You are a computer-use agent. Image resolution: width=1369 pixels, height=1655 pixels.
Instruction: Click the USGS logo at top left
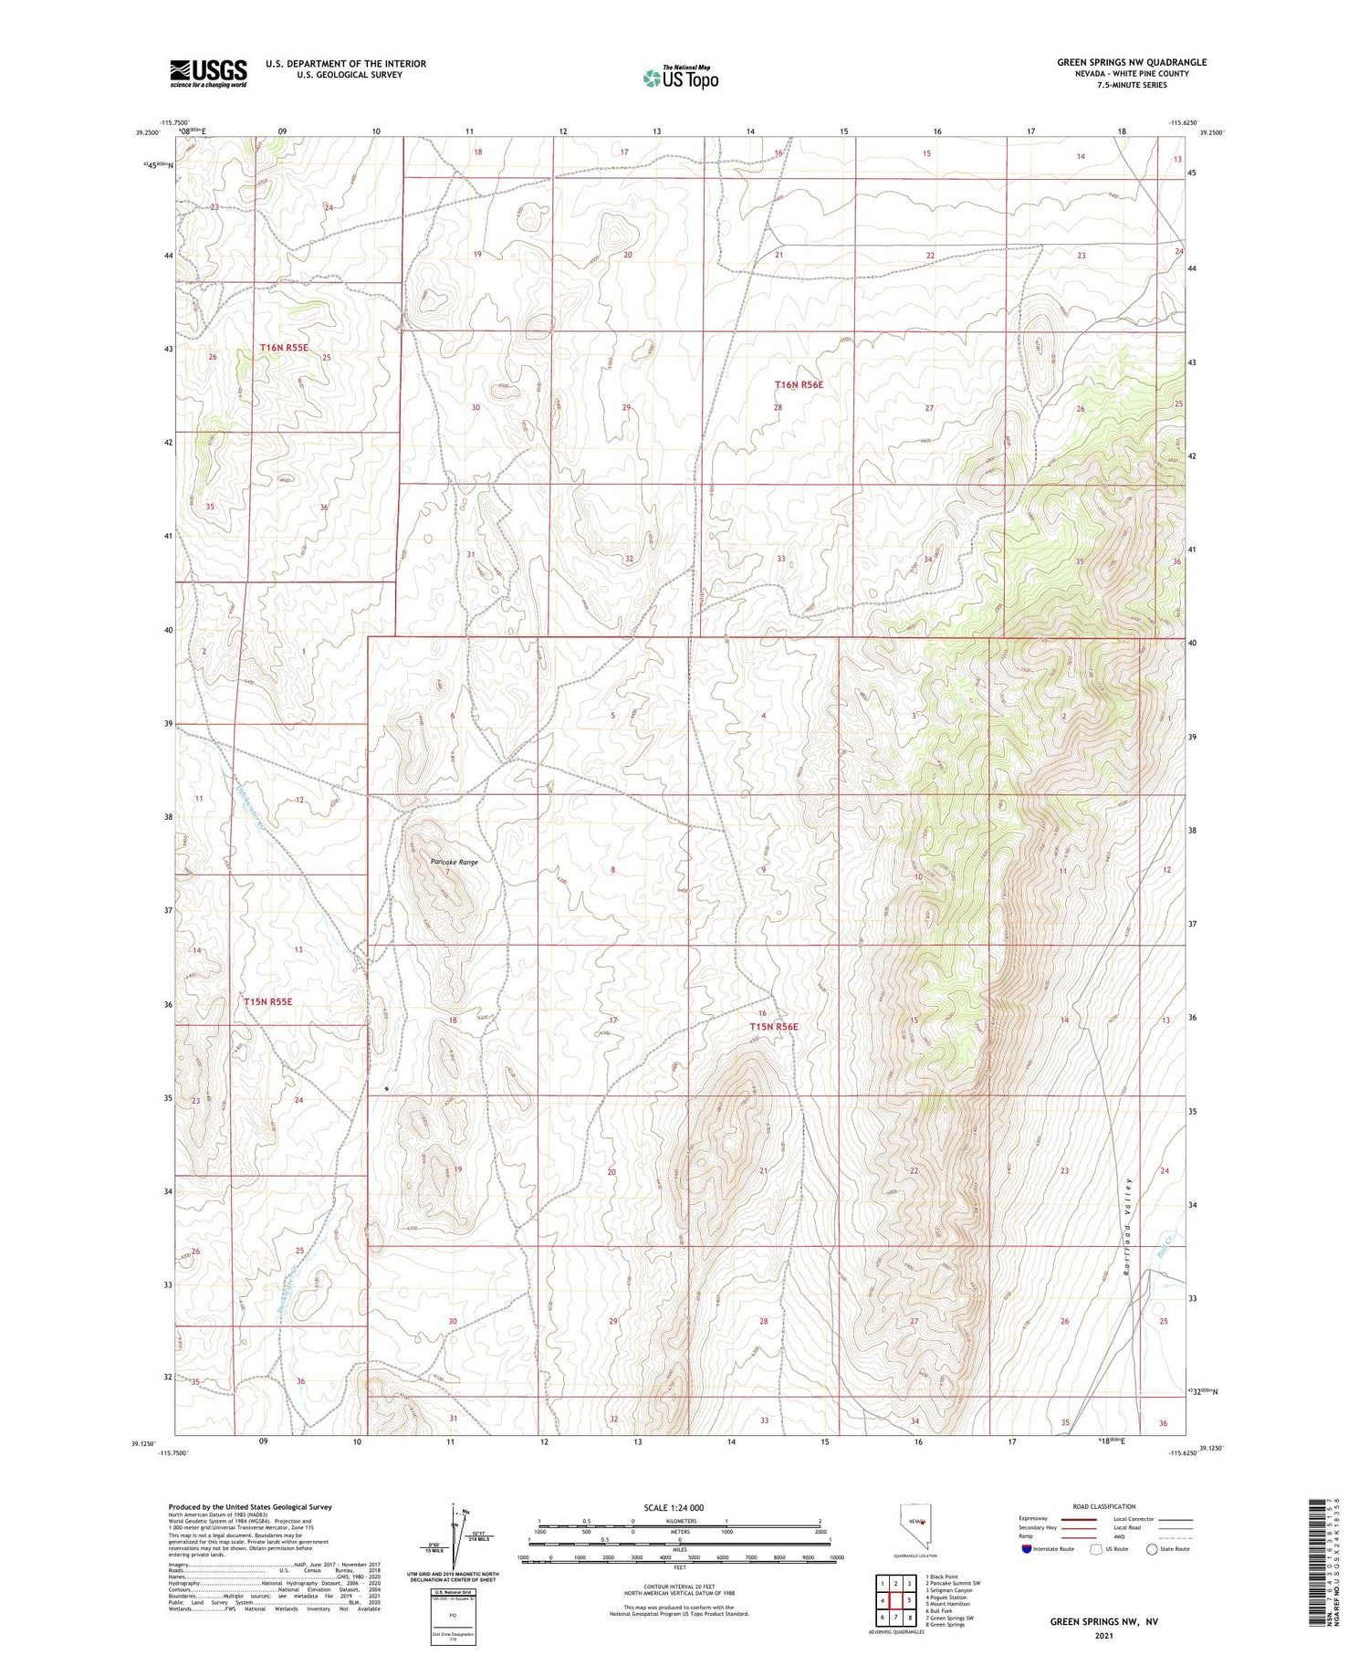(208, 73)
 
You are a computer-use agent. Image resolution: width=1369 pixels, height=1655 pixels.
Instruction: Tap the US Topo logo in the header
(680, 79)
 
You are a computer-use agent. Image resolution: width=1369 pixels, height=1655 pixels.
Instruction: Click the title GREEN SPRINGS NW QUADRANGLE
(1132, 62)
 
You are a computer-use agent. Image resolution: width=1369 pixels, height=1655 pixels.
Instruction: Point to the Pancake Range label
(454, 862)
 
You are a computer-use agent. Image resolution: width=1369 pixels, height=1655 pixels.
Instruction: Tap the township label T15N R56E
(773, 1027)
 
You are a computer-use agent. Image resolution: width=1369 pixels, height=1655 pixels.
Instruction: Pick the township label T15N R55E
(268, 1001)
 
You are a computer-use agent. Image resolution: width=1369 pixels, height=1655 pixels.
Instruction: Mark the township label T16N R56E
(799, 385)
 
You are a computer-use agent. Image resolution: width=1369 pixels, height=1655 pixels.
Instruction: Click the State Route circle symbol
(1152, 1549)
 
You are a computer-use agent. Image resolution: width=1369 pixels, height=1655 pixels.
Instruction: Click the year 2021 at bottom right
(1103, 1635)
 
